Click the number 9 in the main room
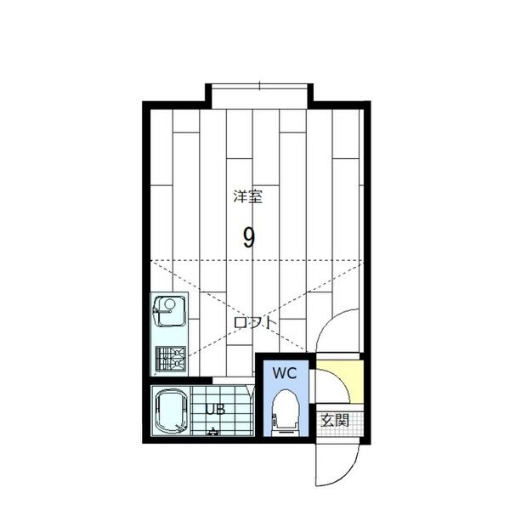(x=248, y=237)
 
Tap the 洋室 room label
(x=248, y=196)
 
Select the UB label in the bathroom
(x=214, y=409)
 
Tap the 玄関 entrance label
(x=334, y=419)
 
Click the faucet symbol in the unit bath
(x=212, y=432)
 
